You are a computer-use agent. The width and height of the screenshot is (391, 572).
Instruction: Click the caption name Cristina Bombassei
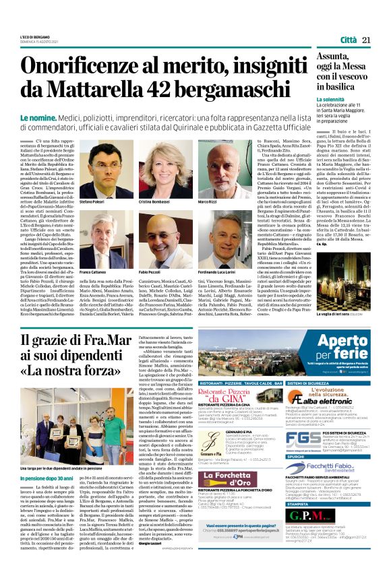tap(156, 201)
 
